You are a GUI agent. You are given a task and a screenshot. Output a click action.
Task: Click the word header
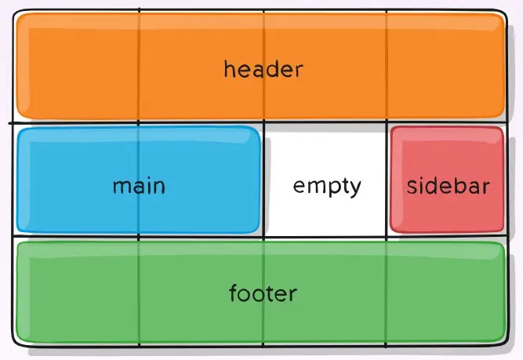tap(263, 70)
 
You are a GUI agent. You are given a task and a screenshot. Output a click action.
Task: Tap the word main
tap(139, 187)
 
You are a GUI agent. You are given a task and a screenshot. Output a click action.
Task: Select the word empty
tap(327, 187)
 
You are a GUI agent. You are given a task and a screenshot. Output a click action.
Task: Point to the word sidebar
tap(448, 187)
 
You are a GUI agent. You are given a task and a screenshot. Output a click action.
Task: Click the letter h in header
tap(229, 69)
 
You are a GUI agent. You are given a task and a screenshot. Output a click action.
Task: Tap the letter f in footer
tap(233, 293)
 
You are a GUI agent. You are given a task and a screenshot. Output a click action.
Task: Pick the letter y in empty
tap(356, 189)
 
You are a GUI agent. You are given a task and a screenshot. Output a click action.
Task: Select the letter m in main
tap(120, 187)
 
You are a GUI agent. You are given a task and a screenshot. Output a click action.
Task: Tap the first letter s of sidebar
tap(412, 187)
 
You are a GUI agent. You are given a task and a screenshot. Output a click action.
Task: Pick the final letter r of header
tap(299, 71)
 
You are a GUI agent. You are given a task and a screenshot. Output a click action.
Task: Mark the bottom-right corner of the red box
tap(502, 231)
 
